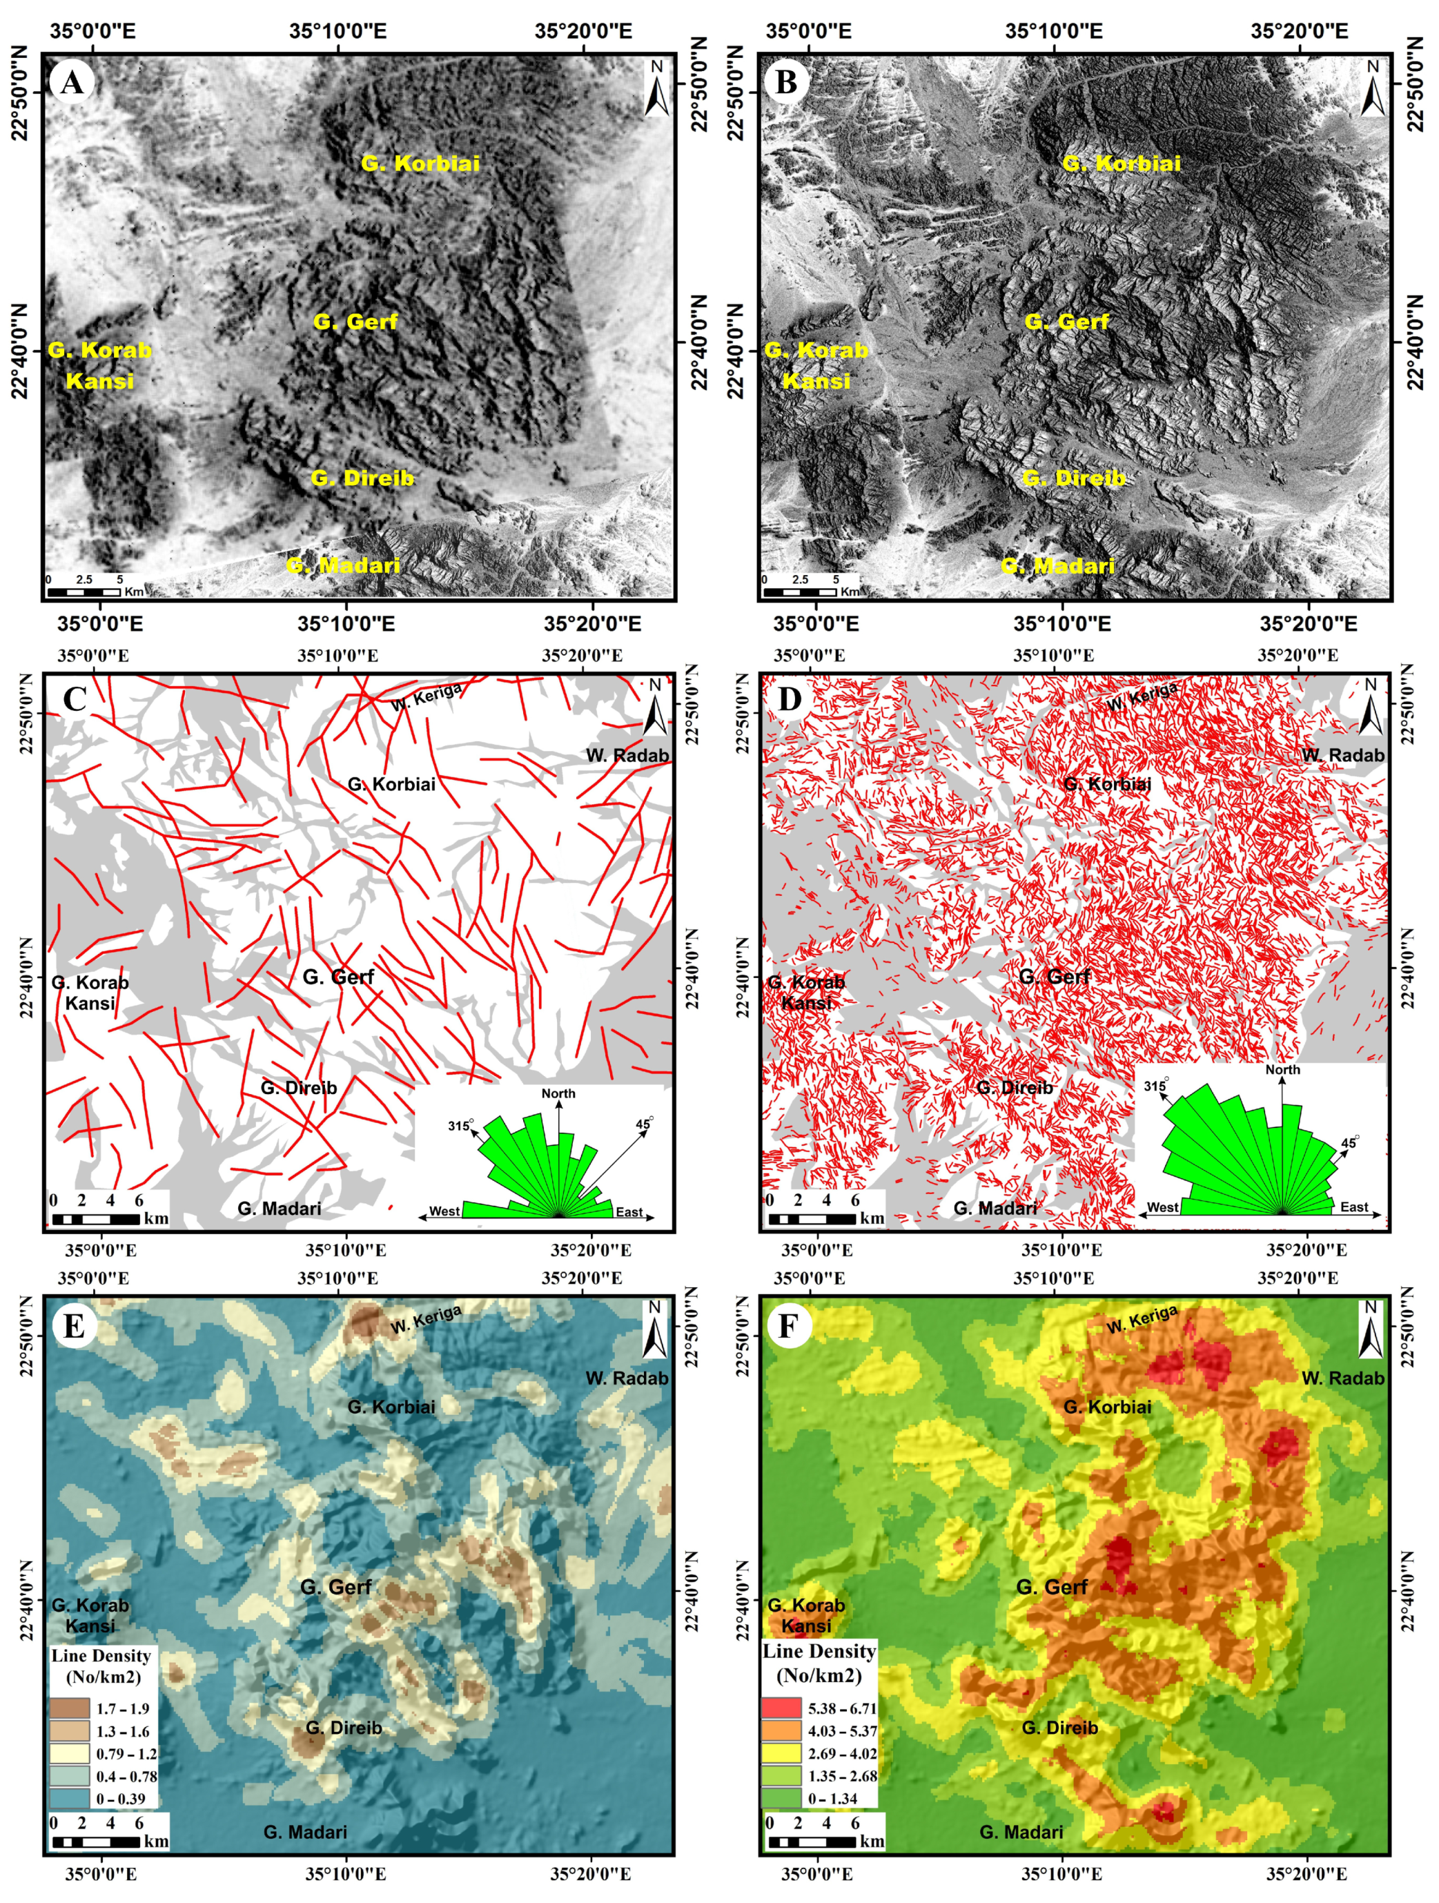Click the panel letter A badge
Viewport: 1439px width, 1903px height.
click(72, 83)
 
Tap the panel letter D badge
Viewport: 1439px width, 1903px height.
click(789, 698)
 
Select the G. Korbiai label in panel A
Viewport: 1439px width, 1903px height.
click(420, 164)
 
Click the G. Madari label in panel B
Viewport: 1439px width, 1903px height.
click(1057, 566)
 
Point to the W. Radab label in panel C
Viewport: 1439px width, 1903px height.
click(627, 755)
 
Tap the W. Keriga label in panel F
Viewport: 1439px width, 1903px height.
click(1142, 1320)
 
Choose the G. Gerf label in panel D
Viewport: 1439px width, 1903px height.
click(1054, 977)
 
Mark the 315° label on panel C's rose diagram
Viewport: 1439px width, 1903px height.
click(460, 1125)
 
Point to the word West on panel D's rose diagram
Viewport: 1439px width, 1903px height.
click(1162, 1207)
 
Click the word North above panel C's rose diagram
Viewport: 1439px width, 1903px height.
click(558, 1093)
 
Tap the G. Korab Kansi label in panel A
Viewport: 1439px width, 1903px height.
click(100, 364)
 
